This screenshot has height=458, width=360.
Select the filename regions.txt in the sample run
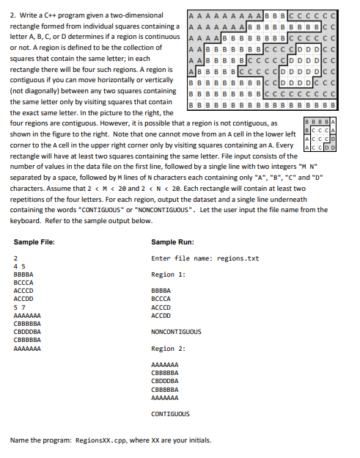coord(239,258)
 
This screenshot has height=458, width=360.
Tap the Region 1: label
coord(168,274)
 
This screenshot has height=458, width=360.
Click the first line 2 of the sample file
coord(15,258)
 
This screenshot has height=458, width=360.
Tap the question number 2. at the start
coord(12,15)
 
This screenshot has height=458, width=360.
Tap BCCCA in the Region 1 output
coord(161,299)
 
